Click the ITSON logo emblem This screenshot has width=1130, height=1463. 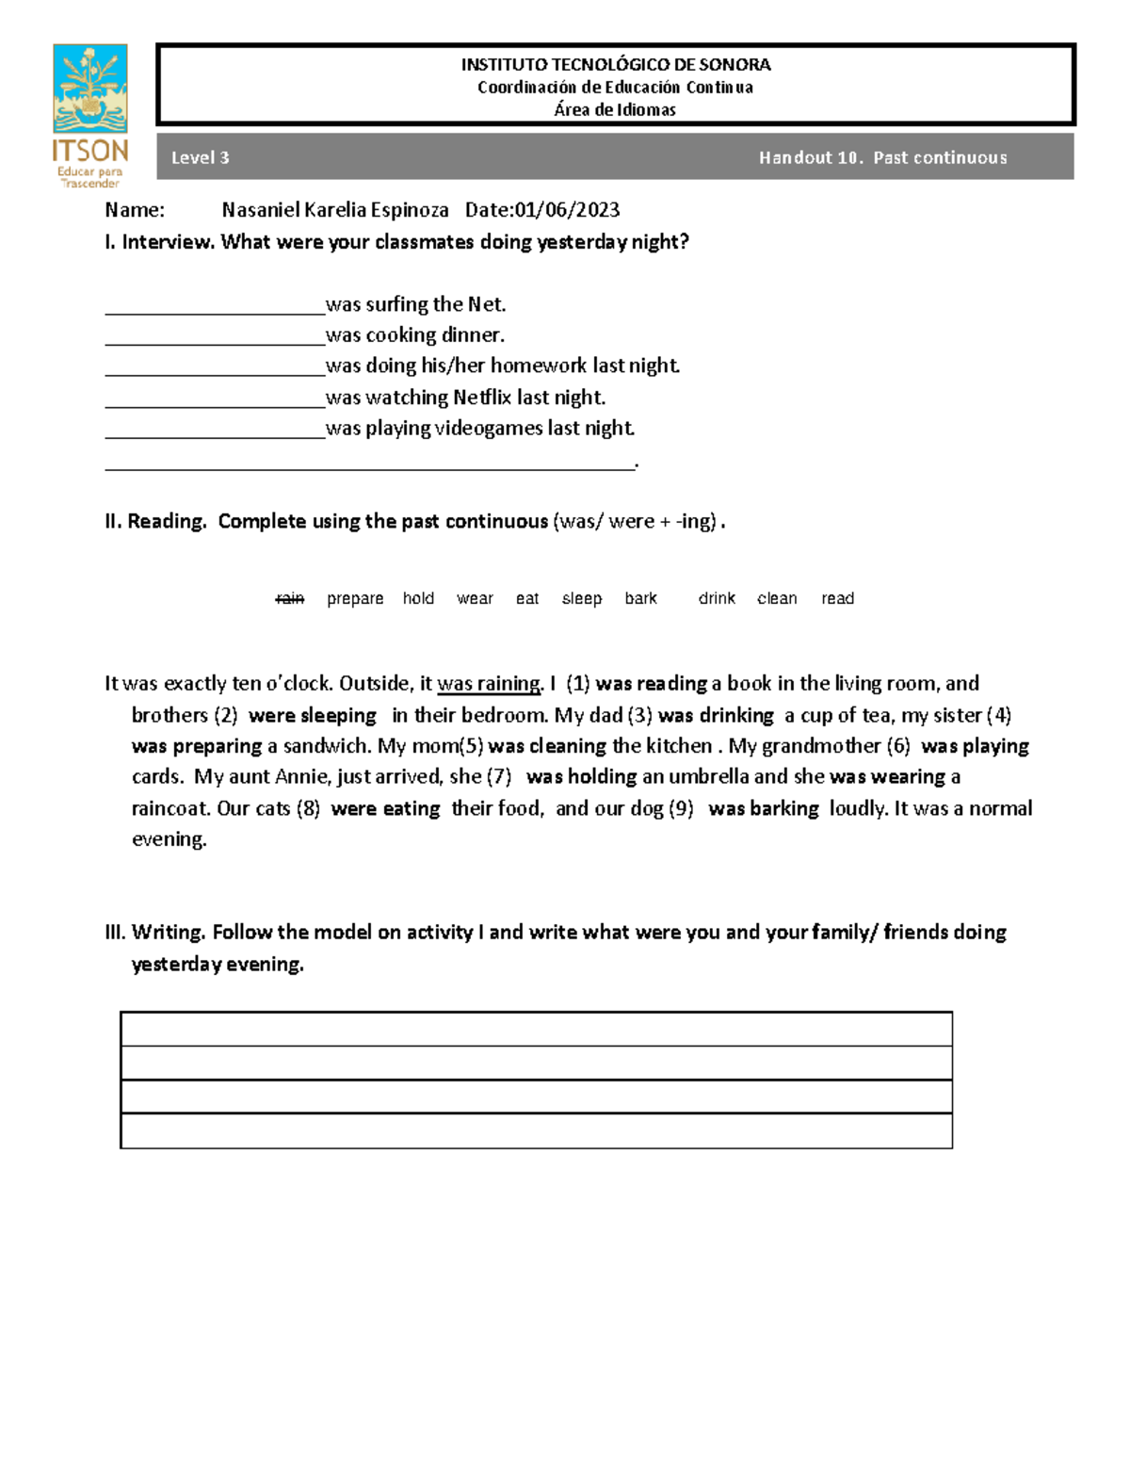(x=89, y=89)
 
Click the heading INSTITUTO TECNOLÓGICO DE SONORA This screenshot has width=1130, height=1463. (x=615, y=65)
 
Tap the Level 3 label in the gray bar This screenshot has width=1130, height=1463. (x=200, y=157)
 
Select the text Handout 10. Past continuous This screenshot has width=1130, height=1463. (x=882, y=157)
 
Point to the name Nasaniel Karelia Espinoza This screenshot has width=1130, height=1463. (x=334, y=209)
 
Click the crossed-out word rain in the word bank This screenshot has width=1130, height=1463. (x=290, y=598)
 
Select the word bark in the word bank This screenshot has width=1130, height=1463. (x=640, y=598)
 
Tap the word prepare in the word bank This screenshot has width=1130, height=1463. (x=355, y=598)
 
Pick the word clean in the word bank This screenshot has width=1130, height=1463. (x=777, y=598)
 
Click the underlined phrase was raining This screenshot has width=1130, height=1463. (x=490, y=683)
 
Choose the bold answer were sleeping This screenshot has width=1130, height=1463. (x=312, y=715)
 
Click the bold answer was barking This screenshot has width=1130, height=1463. (x=763, y=808)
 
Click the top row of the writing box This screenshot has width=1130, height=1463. (x=536, y=1029)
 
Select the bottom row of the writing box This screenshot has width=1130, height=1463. (x=536, y=1130)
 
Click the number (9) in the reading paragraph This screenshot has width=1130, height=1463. (x=681, y=808)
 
